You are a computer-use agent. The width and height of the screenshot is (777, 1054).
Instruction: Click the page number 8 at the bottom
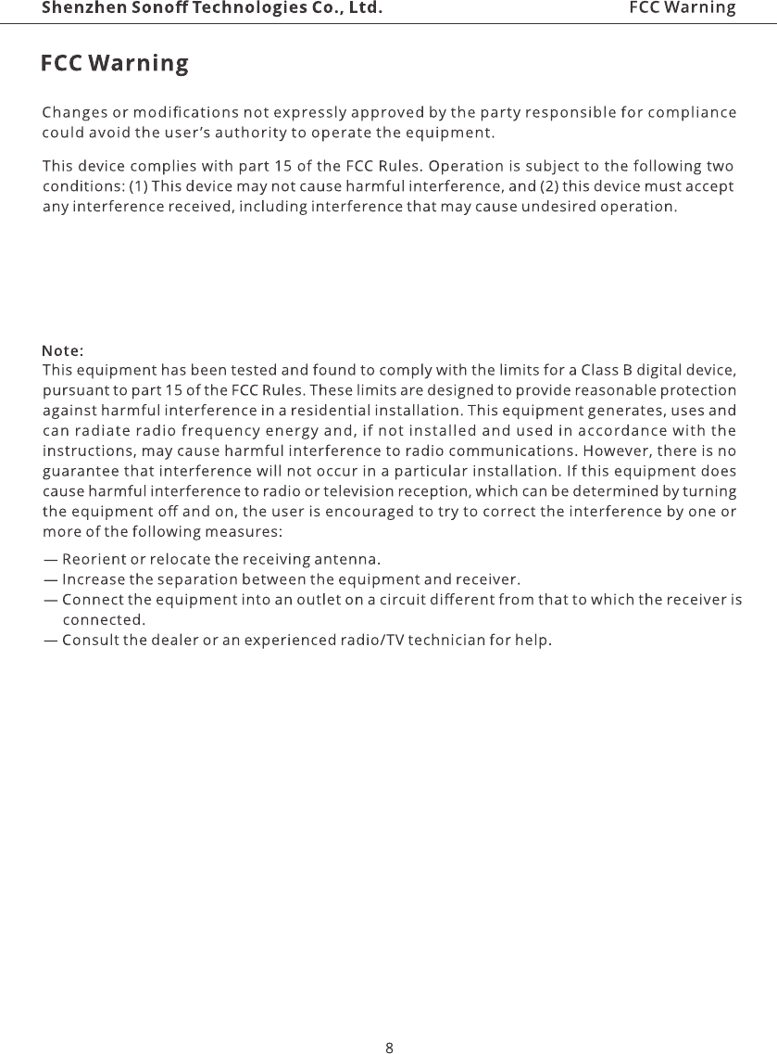389,1022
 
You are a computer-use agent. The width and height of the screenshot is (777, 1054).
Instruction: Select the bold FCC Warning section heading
115,64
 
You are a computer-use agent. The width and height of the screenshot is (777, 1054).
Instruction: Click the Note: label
64,350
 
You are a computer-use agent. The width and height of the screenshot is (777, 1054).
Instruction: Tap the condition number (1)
138,186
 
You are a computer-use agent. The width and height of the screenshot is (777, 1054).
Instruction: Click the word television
357,490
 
